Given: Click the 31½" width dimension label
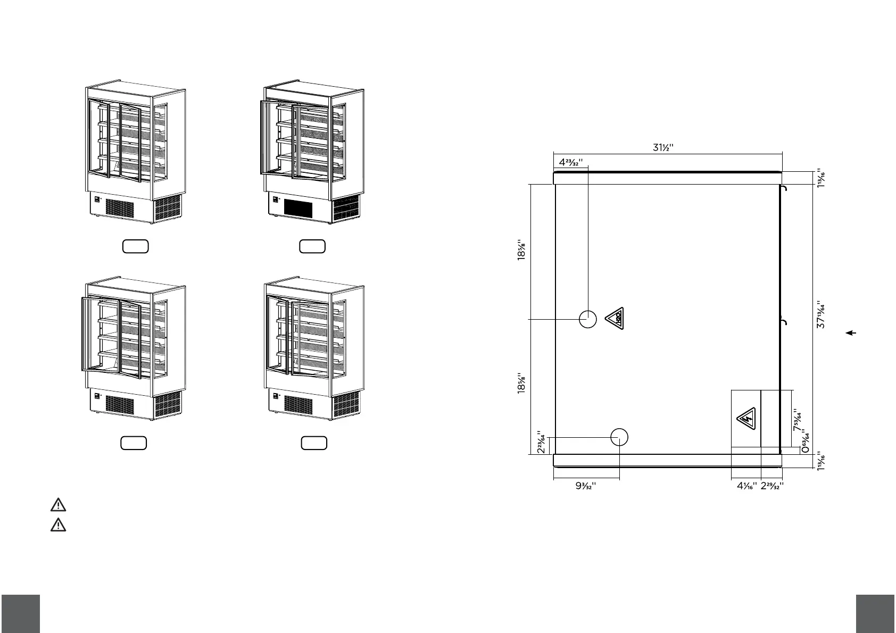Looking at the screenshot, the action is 663,147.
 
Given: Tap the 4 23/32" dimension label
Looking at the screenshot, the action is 571,162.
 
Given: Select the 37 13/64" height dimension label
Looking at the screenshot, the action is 821,314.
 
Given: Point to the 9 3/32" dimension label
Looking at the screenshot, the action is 586,486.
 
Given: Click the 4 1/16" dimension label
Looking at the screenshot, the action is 747,486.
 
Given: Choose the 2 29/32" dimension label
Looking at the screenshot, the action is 772,486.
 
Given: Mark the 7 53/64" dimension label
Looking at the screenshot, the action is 798,420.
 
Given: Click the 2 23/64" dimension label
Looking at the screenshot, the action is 541,442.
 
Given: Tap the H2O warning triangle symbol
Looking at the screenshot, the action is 615,318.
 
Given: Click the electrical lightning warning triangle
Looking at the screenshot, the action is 746,419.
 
